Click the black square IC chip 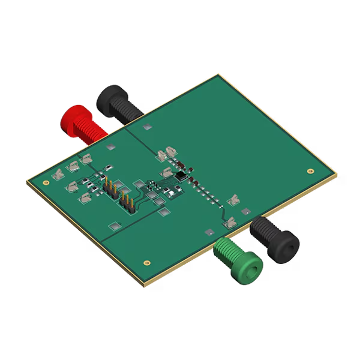click(181, 176)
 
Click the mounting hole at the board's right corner click(310, 170)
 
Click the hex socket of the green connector click(251, 266)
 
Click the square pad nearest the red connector click(110, 146)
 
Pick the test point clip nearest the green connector click(229, 223)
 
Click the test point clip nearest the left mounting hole click(58, 176)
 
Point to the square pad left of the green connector click(208, 232)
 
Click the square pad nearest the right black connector click(247, 211)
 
